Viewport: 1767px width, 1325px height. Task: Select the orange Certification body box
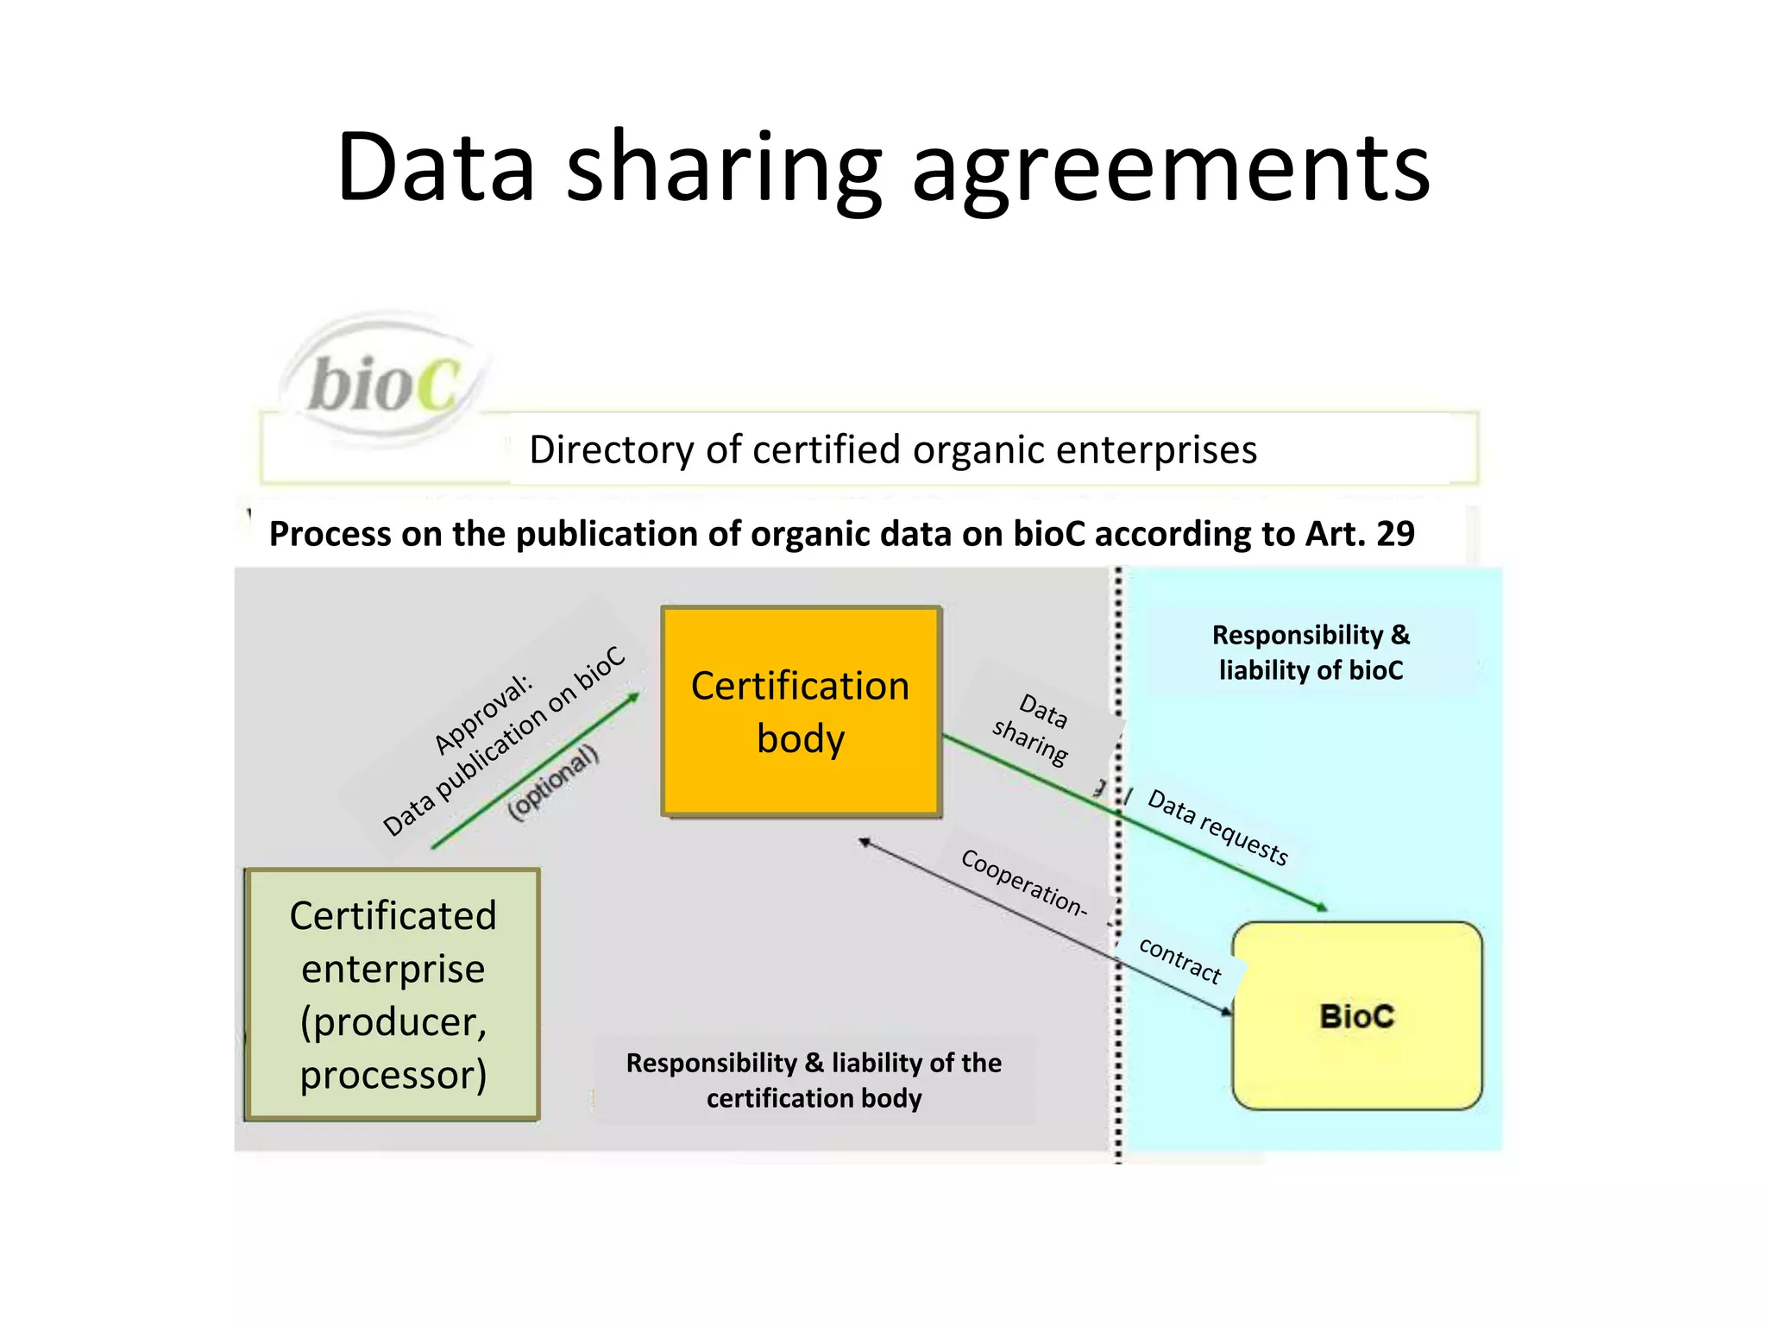[x=801, y=712]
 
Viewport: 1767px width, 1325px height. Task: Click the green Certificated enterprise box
[x=393, y=994]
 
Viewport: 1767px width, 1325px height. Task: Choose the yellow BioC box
[x=1356, y=1016]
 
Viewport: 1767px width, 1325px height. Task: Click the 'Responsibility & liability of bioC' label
[x=1311, y=652]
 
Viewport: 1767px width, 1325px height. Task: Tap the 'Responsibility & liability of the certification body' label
[x=814, y=1080]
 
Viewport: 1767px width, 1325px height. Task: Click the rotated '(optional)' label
[x=553, y=782]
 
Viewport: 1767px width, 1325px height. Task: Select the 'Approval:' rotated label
[x=483, y=714]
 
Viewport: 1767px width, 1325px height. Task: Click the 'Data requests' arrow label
[x=1217, y=826]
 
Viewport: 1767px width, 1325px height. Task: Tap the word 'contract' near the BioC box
[x=1180, y=959]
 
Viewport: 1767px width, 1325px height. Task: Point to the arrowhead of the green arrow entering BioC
[x=1322, y=907]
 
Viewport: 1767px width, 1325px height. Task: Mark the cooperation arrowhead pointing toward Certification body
[x=864, y=842]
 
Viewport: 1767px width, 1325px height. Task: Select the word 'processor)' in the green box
[x=393, y=1075]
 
